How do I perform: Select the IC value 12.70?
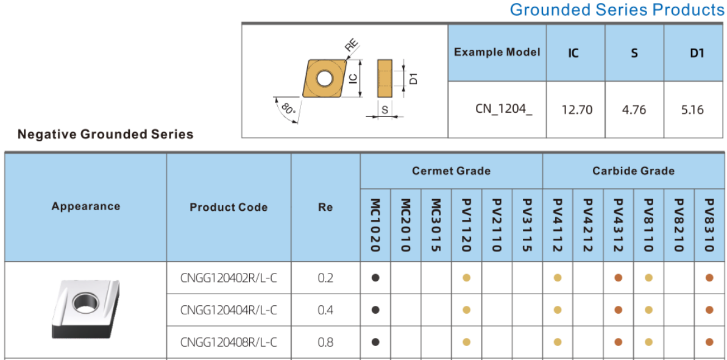pyautogui.click(x=576, y=110)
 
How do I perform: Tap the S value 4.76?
pyautogui.click(x=634, y=110)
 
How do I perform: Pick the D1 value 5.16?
pyautogui.click(x=693, y=110)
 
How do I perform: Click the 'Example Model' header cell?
pyautogui.click(x=497, y=52)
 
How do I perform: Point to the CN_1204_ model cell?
pyautogui.click(x=503, y=110)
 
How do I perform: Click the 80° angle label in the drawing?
pyautogui.click(x=288, y=110)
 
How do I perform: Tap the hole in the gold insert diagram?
pyautogui.click(x=324, y=78)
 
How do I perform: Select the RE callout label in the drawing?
pyautogui.click(x=352, y=46)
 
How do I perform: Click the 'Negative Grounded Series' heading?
pyautogui.click(x=105, y=135)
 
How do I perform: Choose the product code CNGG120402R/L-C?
pyautogui.click(x=229, y=278)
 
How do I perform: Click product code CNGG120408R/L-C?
pyautogui.click(x=229, y=342)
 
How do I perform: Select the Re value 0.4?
pyautogui.click(x=325, y=310)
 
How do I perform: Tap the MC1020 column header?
pyautogui.click(x=376, y=225)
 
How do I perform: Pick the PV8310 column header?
pyautogui.click(x=709, y=225)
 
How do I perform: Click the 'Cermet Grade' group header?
pyautogui.click(x=451, y=171)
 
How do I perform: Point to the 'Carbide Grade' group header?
pyautogui.click(x=633, y=171)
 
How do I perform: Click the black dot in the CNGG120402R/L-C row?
pyautogui.click(x=375, y=278)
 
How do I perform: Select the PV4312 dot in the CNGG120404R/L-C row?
pyautogui.click(x=618, y=310)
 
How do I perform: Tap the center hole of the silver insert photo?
pyautogui.click(x=86, y=303)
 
